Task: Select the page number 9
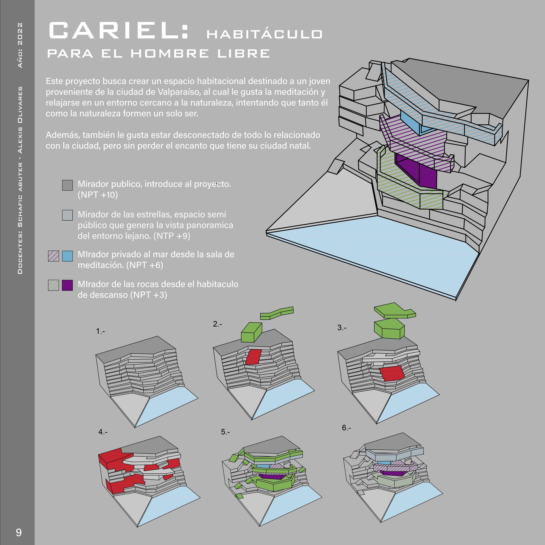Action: [x=19, y=532]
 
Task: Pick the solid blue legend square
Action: [x=67, y=256]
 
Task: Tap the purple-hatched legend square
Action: [x=54, y=256]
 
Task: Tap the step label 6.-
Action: [x=346, y=428]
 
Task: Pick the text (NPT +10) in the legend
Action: [x=98, y=195]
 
